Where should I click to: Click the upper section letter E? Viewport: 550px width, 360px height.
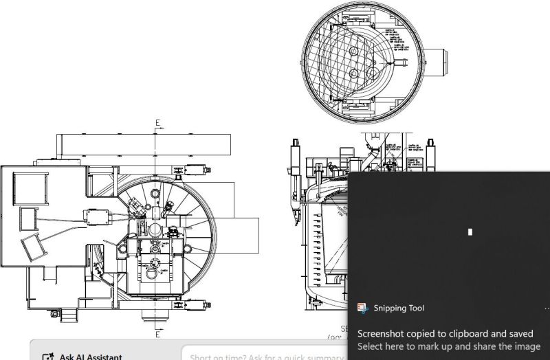pos(158,124)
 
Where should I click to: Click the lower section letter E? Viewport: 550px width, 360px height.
pos(158,334)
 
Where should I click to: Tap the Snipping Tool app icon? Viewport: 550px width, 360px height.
pos(362,308)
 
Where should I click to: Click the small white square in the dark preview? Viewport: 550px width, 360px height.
pos(470,232)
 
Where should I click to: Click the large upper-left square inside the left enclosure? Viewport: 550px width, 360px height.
pos(28,187)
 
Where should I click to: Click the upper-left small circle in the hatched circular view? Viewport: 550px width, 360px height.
pos(355,51)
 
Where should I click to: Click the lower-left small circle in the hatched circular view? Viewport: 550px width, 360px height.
pos(355,74)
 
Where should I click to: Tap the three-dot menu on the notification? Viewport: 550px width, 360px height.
pos(546,308)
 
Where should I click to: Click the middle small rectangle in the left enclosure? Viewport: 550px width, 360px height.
pos(27,219)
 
